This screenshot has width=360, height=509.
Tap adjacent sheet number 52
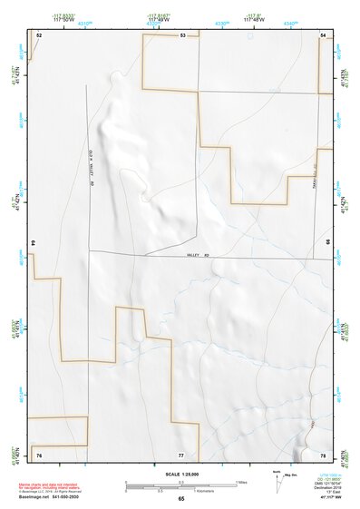[x=38, y=34]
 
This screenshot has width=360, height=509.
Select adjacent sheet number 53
[x=182, y=34]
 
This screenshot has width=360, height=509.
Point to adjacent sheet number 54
[x=323, y=34]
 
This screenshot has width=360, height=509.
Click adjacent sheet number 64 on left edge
[x=34, y=243]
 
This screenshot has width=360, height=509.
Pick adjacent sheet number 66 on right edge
[x=327, y=243]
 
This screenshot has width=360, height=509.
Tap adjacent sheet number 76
[x=38, y=454]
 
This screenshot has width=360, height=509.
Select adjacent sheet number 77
[x=181, y=454]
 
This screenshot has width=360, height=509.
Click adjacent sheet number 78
[x=323, y=454]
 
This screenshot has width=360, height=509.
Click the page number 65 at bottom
[x=180, y=499]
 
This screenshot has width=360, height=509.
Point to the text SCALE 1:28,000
[x=180, y=475]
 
